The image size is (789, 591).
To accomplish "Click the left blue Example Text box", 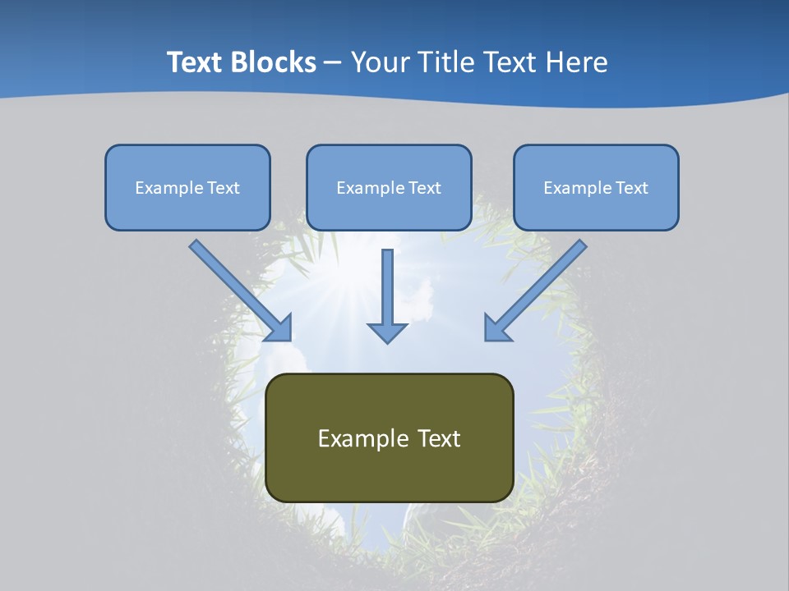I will pos(187,187).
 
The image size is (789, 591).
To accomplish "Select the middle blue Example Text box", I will pos(389,187).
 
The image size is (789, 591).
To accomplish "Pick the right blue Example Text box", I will pos(596,187).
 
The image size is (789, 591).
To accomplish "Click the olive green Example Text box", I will pos(389,438).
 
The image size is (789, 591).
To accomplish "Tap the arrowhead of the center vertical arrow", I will pos(387,332).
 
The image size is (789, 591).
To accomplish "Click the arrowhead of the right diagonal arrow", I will pos(496,328).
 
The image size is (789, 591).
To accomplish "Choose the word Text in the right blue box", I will pos(631,188).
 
